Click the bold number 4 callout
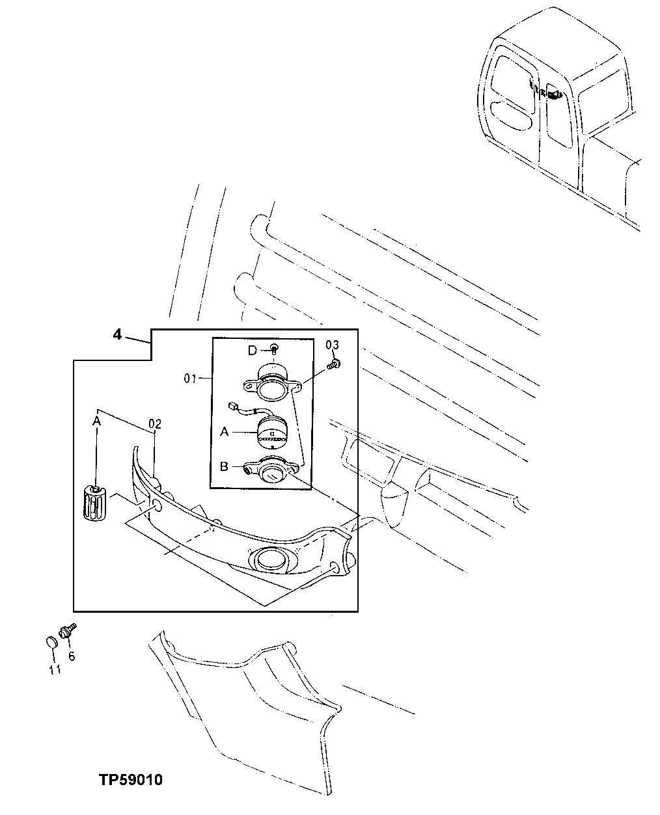[117, 335]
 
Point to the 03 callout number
[332, 345]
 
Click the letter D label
[252, 352]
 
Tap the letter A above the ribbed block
[97, 421]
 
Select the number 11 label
[55, 669]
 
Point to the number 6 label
[72, 657]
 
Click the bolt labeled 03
[335, 364]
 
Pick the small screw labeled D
[275, 350]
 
